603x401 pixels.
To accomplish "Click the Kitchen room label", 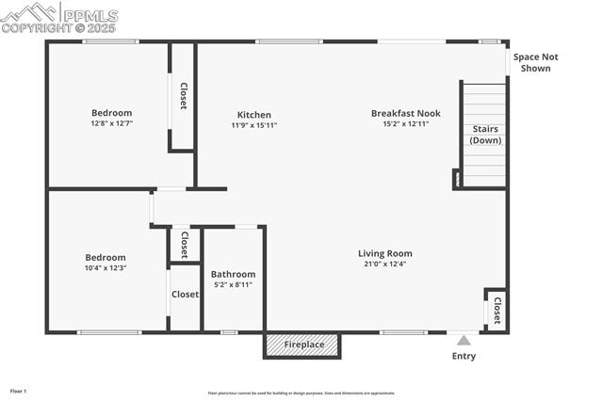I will (x=254, y=114).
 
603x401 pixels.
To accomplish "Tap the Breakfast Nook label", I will (x=405, y=113).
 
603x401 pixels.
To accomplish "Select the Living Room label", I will (x=384, y=253).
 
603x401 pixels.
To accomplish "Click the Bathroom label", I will (x=233, y=274).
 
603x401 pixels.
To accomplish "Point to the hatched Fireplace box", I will (x=301, y=345).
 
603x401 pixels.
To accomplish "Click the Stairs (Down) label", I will (x=485, y=135).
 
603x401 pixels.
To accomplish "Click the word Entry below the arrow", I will (x=464, y=356).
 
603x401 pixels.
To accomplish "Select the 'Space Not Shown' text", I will (x=535, y=62).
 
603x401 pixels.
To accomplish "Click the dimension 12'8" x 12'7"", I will (x=111, y=123).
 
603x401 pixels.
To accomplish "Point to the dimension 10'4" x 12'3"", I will (x=106, y=268).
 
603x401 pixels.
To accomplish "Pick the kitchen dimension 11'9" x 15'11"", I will (x=254, y=125).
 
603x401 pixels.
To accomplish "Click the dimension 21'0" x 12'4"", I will (x=384, y=265).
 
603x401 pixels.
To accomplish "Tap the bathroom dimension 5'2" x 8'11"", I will (x=233, y=284).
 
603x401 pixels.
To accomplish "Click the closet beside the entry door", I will (x=496, y=308).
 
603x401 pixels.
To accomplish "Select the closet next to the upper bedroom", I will (x=183, y=96).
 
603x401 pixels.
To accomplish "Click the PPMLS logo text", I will (x=90, y=16).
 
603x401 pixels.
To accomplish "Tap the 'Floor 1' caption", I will (x=18, y=391).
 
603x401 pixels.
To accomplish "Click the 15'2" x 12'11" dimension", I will (x=405, y=124).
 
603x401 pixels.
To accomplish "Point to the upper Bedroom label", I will (x=111, y=113).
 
